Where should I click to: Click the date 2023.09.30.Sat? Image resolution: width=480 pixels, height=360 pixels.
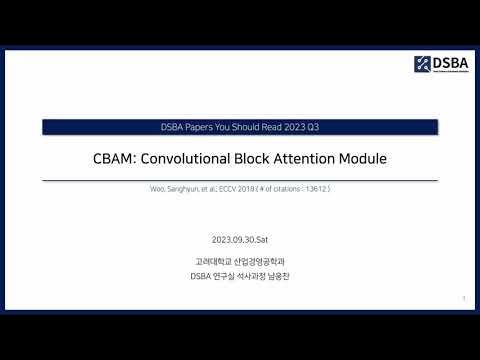[x=240, y=241]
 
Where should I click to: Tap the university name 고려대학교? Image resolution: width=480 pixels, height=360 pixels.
[x=212, y=262]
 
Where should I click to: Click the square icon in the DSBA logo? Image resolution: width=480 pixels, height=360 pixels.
[x=421, y=65]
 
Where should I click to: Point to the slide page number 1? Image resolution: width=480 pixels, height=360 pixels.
[x=464, y=298]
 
